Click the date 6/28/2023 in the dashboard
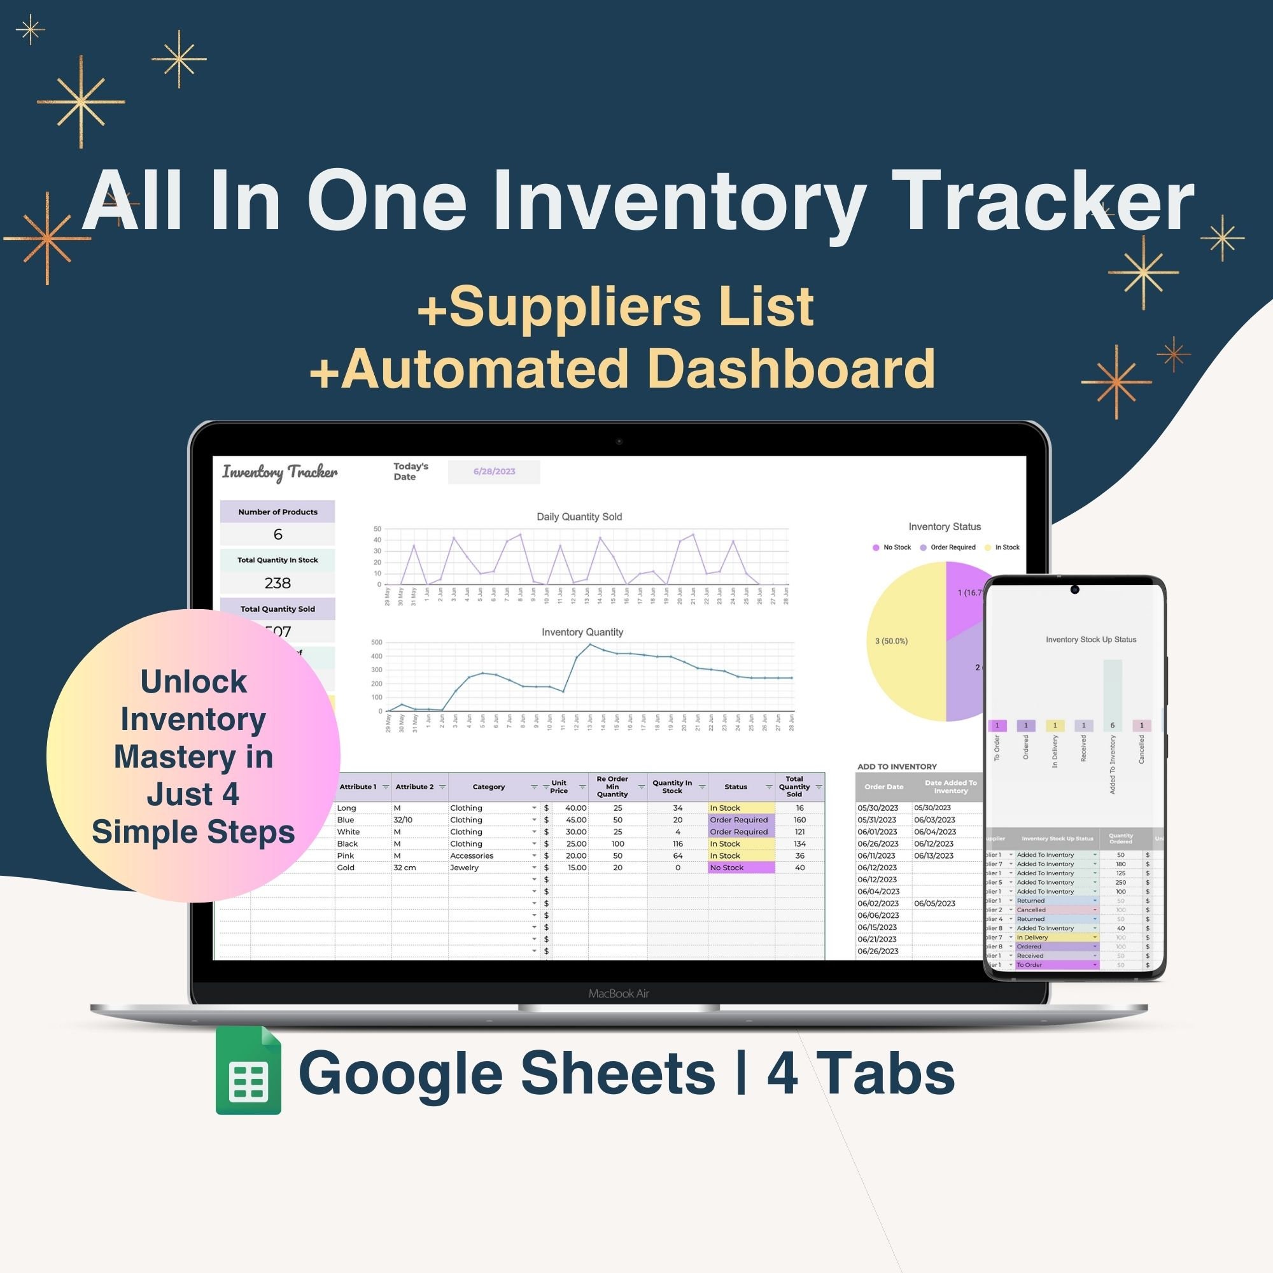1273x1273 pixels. [493, 472]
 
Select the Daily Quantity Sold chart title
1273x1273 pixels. [579, 517]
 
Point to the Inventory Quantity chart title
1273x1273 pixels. [582, 632]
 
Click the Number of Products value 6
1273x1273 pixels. [278, 535]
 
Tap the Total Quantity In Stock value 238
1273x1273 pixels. [278, 582]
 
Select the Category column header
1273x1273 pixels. [488, 787]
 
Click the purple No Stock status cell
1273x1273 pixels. [741, 868]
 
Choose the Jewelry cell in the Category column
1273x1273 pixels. [465, 868]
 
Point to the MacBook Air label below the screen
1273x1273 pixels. [619, 994]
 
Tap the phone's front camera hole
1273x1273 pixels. [1074, 589]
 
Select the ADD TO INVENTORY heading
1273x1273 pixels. [897, 766]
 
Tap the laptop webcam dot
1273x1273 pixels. [619, 441]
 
